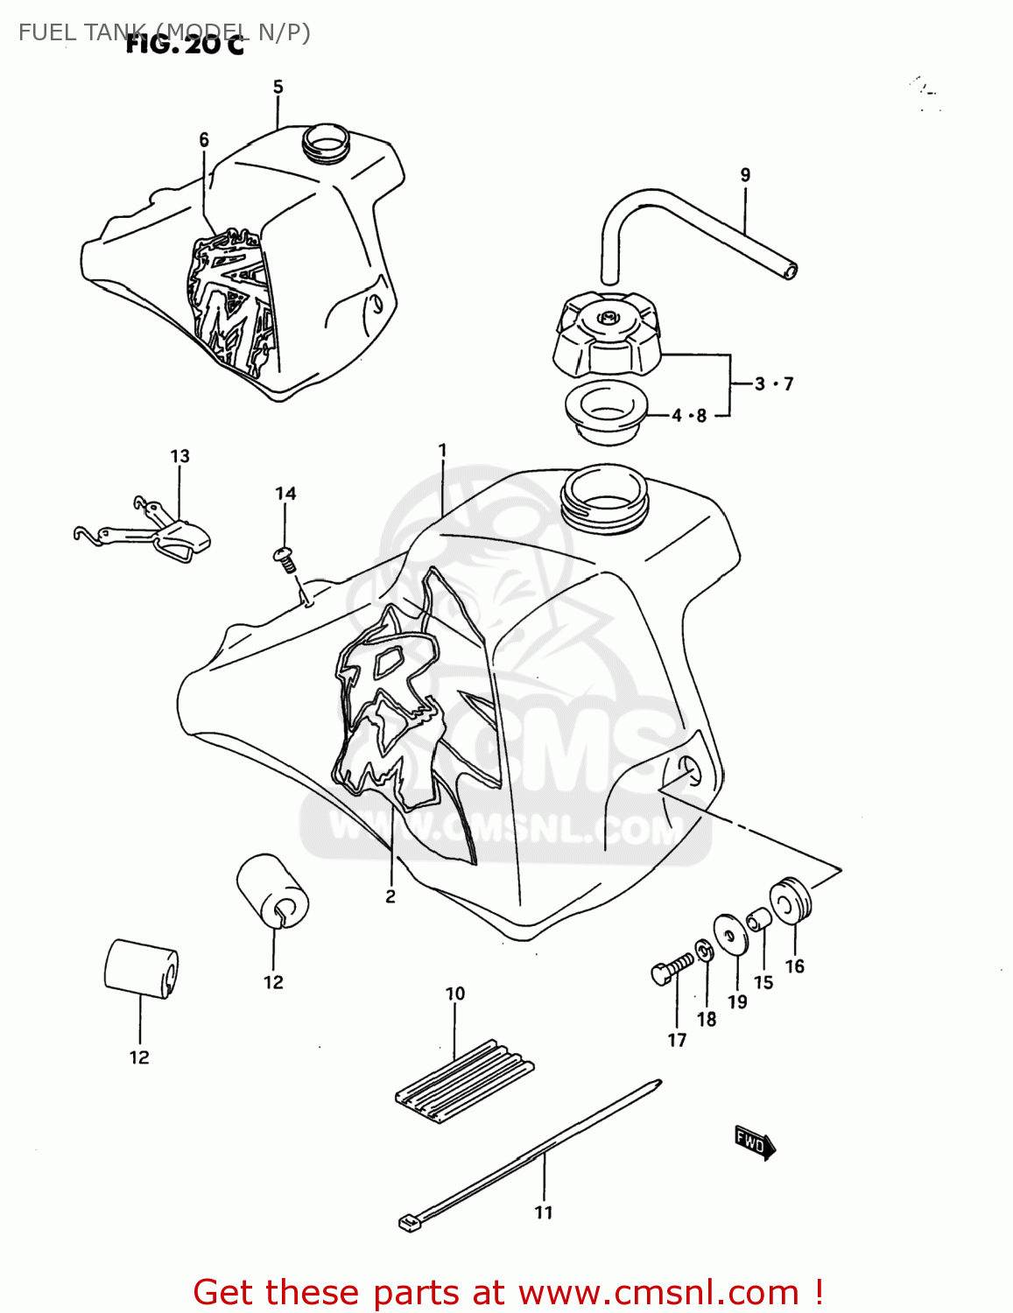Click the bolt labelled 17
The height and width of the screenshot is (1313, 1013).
click(x=671, y=968)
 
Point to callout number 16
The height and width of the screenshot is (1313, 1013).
click(x=794, y=966)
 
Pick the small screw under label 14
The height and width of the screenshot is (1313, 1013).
click(x=285, y=558)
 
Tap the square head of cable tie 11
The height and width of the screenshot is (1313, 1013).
click(x=408, y=1223)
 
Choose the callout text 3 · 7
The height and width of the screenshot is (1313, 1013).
click(x=774, y=383)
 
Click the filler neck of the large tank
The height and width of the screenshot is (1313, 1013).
click(x=605, y=499)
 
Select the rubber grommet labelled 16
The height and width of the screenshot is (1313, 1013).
click(x=791, y=901)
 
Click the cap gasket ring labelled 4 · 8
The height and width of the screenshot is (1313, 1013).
click(x=606, y=411)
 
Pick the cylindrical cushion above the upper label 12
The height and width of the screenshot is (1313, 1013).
click(x=272, y=889)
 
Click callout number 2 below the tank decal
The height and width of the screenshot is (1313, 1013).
click(x=390, y=896)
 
